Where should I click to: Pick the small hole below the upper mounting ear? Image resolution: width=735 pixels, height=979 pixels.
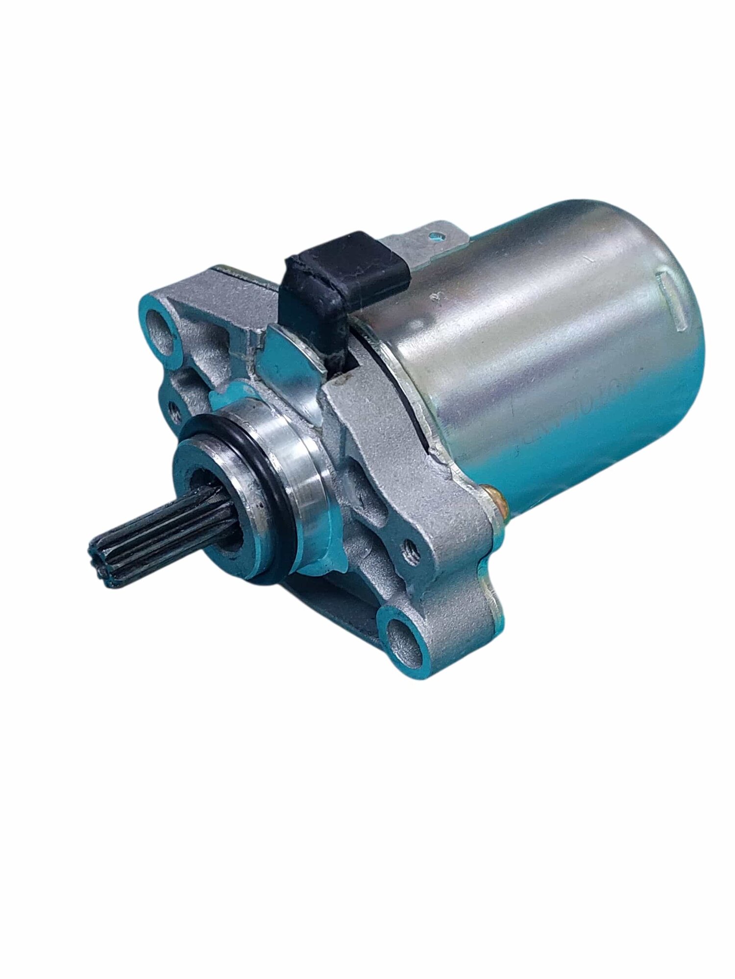click(x=173, y=406)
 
